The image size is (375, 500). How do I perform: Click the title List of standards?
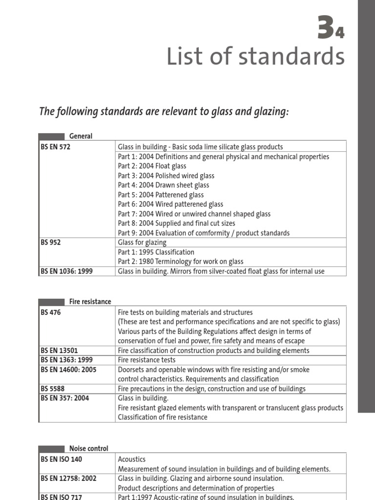tap(255, 57)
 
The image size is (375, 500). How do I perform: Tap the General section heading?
tap(81, 136)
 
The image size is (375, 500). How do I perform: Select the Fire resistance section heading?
tap(90, 302)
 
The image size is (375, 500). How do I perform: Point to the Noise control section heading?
tap(88, 448)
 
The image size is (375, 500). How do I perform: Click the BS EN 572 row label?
tap(56, 147)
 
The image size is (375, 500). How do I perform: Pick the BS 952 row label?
tap(51, 242)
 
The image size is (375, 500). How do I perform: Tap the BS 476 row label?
tap(51, 312)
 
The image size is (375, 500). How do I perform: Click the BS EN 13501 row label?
tap(59, 351)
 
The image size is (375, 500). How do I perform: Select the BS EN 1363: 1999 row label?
tap(66, 360)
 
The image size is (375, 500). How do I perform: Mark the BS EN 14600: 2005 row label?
tap(68, 370)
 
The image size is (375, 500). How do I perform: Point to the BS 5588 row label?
tap(53, 389)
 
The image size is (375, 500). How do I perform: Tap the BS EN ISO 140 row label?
tap(62, 459)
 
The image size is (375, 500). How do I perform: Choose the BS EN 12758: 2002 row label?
tap(68, 479)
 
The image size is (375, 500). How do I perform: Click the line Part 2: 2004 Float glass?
tap(152, 166)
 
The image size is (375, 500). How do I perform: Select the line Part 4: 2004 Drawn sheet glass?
tap(164, 185)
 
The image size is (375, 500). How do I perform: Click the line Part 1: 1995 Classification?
tap(156, 252)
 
